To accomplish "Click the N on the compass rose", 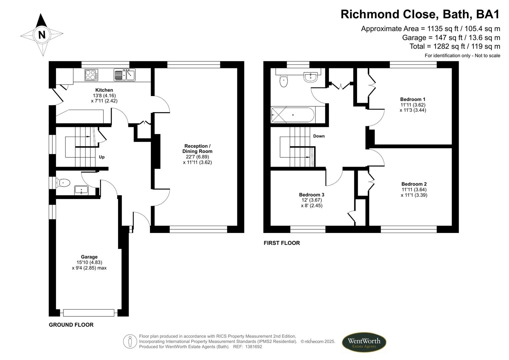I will pyautogui.click(x=42, y=35).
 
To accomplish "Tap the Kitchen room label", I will pyautogui.click(x=104, y=90).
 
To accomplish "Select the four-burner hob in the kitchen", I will pyautogui.click(x=91, y=75).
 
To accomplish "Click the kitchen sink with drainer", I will pyautogui.click(x=124, y=75).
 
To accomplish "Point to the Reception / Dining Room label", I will pyautogui.click(x=197, y=149).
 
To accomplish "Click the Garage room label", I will pyautogui.click(x=89, y=257).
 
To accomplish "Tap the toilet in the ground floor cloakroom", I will pyautogui.click(x=63, y=183).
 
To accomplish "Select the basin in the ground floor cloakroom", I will pyautogui.click(x=81, y=190).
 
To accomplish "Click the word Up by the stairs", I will pyautogui.click(x=102, y=157).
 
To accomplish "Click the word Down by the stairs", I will pyautogui.click(x=319, y=136).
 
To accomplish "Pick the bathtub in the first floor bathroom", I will pyautogui.click(x=293, y=115).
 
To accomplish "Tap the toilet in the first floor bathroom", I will pyautogui.click(x=284, y=81).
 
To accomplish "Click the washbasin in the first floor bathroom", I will pyautogui.click(x=311, y=77).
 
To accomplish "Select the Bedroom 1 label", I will pyautogui.click(x=413, y=99).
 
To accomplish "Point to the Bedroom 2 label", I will pyautogui.click(x=414, y=184).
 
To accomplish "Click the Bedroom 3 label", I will pyautogui.click(x=311, y=195).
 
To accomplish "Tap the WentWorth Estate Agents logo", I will pyautogui.click(x=364, y=342).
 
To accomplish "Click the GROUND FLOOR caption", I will pyautogui.click(x=71, y=325).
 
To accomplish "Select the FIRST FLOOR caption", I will pyautogui.click(x=282, y=243).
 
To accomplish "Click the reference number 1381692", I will pyautogui.click(x=254, y=347).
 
